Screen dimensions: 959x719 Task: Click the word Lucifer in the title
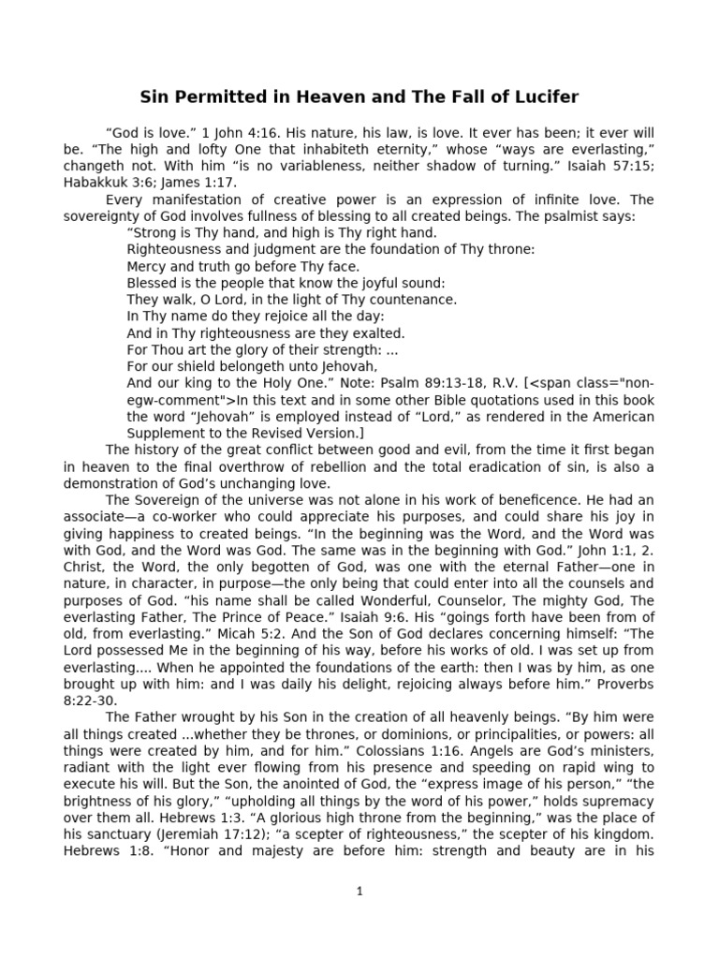tap(542, 96)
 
